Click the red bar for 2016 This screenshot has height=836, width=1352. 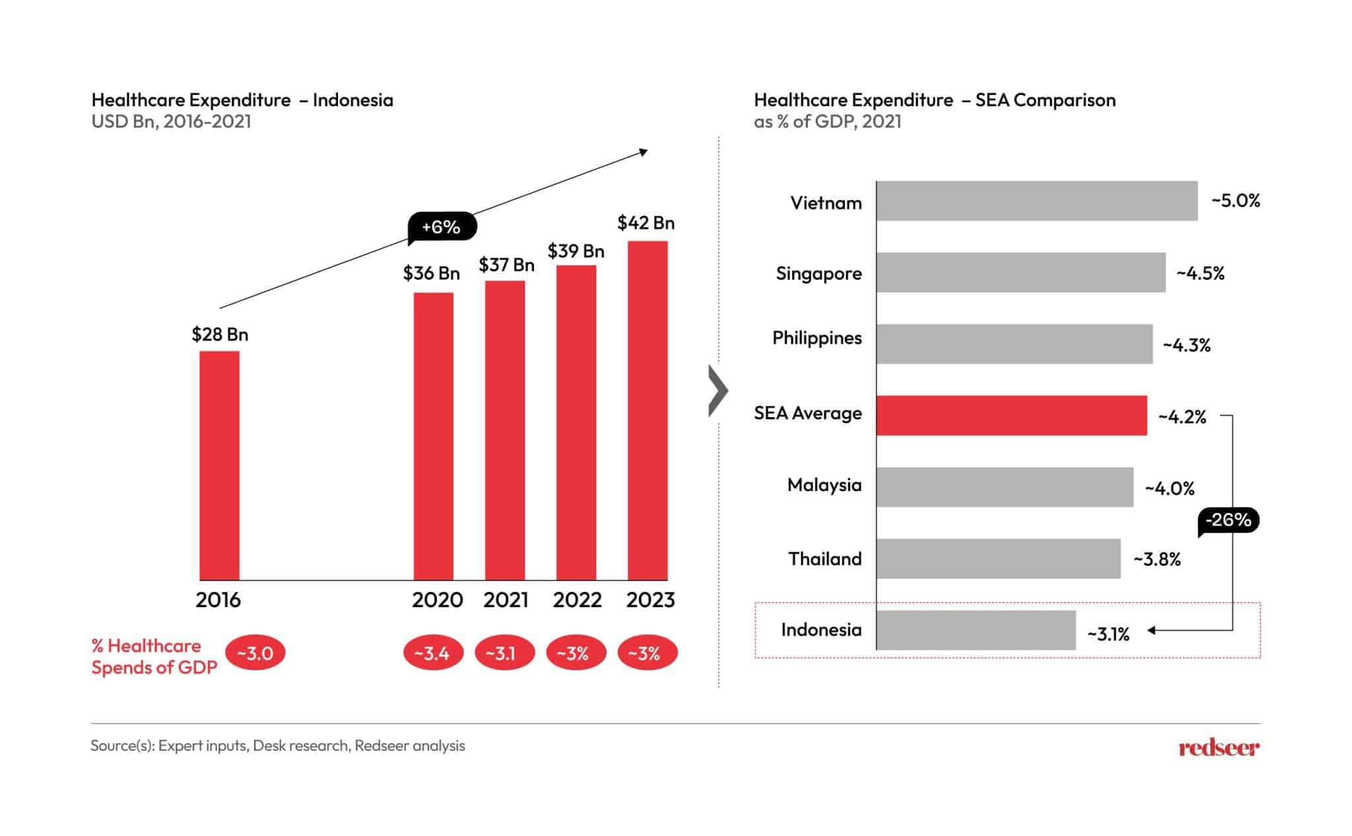(219, 465)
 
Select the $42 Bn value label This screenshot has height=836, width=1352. (646, 223)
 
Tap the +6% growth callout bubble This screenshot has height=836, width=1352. (441, 228)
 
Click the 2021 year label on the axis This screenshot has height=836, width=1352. (506, 600)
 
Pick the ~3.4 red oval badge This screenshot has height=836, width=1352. (433, 653)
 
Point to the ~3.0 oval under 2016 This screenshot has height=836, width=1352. (255, 653)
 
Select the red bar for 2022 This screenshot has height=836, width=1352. (576, 422)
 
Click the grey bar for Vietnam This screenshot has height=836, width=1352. (1036, 201)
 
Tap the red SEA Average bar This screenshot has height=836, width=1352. (1011, 415)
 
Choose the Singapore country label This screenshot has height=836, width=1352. (819, 273)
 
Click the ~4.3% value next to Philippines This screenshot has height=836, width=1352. (1186, 345)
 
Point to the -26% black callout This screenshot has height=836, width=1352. (1228, 520)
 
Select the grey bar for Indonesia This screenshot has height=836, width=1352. (976, 630)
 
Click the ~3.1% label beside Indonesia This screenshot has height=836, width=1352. (1108, 634)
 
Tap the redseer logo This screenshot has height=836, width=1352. (1219, 748)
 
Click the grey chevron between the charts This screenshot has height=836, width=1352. (718, 391)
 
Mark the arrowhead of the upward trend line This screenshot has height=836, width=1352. (644, 152)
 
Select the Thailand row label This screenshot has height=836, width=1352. (825, 559)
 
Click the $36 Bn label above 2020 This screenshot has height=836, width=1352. (431, 273)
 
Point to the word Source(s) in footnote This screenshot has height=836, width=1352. (122, 746)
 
